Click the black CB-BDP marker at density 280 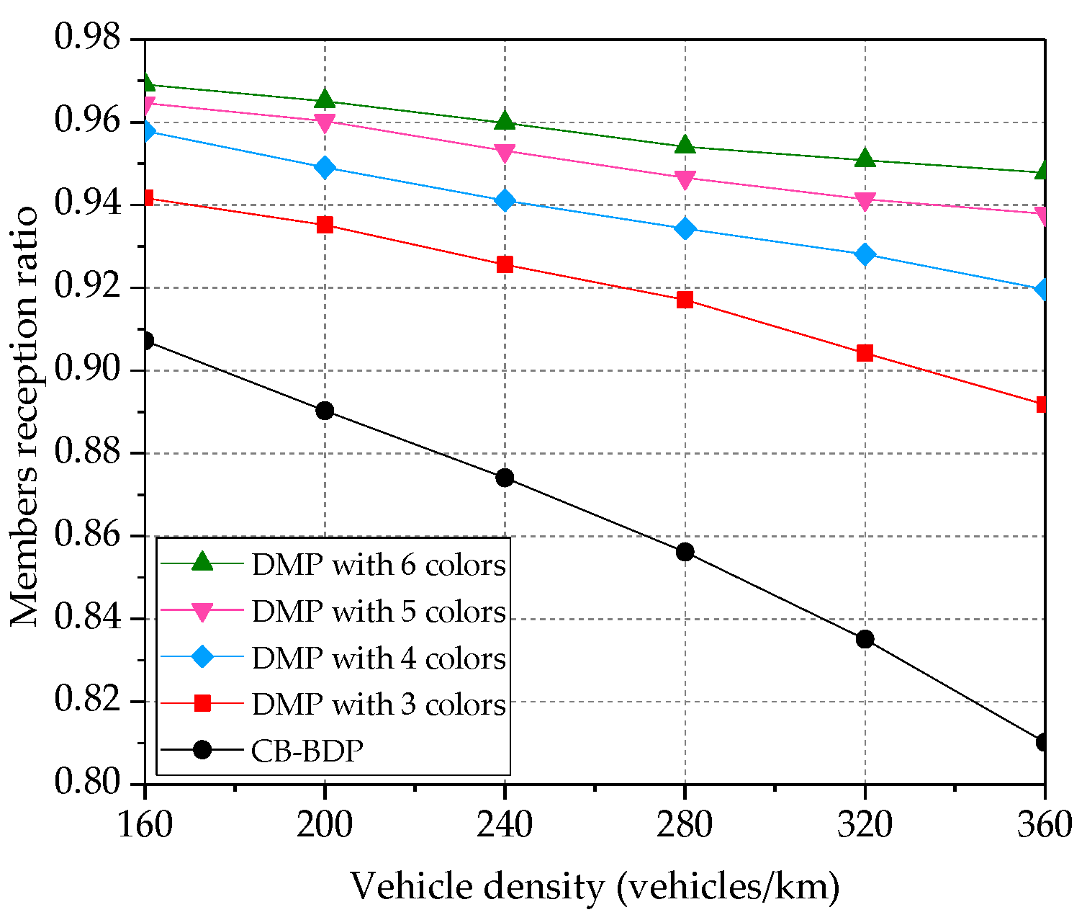pos(685,552)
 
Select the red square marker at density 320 pos(865,353)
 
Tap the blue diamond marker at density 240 pos(505,200)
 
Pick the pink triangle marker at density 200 pos(325,122)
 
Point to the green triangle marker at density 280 pos(685,145)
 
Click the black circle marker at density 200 pos(325,411)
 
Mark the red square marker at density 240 pos(505,264)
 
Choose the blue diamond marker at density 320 pos(865,254)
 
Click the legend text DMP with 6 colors pos(379,565)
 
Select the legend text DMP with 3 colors pos(379,704)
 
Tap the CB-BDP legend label pos(307,751)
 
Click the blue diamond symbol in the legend pos(203,657)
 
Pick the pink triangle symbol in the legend pos(203,612)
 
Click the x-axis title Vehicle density pos(595,887)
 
